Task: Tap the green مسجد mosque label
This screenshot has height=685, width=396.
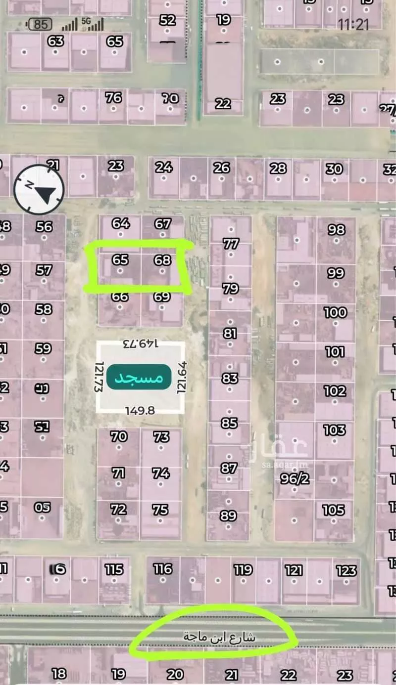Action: point(139,378)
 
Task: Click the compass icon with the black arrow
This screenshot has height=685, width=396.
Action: point(39,189)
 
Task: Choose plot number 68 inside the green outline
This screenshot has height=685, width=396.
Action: point(162,259)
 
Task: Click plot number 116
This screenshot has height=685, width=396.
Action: point(163,569)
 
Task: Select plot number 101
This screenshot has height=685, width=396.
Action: point(335,352)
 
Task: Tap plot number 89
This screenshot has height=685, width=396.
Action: point(228,515)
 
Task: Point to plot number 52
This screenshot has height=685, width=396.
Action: point(167,20)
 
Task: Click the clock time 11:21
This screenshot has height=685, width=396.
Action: point(353,24)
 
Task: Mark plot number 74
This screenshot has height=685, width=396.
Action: point(161,473)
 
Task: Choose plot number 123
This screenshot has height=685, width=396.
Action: point(346,571)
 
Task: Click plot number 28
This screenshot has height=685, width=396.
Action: point(278,168)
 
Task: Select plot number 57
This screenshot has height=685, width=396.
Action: point(44,270)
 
